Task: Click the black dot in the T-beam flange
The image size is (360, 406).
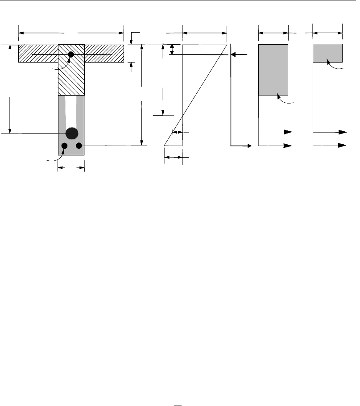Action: (x=70, y=54)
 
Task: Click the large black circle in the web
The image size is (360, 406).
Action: (x=71, y=133)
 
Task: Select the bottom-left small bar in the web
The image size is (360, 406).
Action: (x=64, y=146)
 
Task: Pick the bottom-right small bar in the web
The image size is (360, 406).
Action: (x=79, y=146)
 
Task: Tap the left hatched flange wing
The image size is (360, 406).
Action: (x=38, y=54)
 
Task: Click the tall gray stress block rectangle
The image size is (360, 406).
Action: (x=273, y=70)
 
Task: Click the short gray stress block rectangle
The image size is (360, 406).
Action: (x=327, y=53)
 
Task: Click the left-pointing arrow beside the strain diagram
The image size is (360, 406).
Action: (x=239, y=54)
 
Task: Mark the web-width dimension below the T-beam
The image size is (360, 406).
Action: (x=71, y=168)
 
